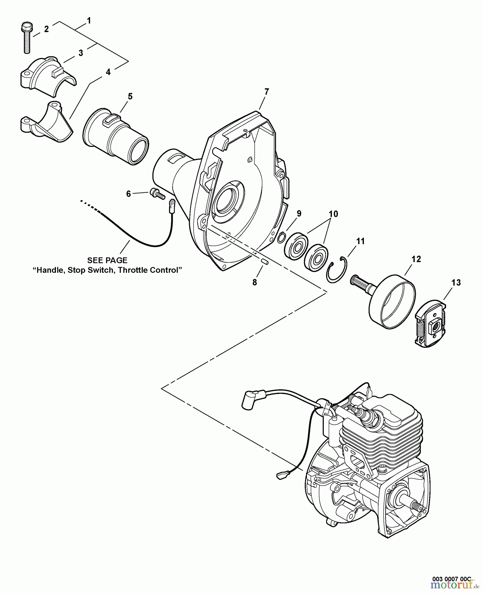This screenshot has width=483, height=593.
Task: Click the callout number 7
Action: coord(267,92)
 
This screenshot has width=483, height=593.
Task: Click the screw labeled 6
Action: coord(157,193)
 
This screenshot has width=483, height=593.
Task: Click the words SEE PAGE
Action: coord(107,260)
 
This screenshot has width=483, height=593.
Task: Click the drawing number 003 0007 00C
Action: coord(451,579)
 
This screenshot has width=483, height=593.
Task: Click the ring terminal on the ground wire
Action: coord(171,207)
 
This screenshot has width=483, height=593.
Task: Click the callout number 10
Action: coord(333,214)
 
